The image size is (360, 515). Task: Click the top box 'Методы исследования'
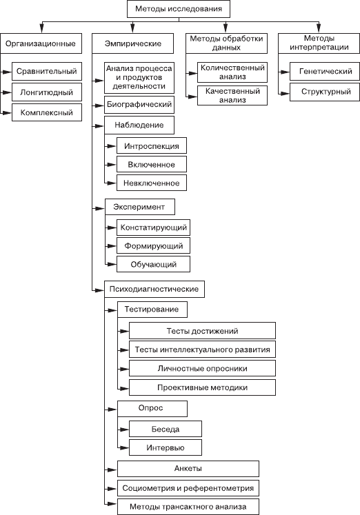179,9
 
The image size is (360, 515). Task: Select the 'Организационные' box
41,43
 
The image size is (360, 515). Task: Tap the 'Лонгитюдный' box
47,92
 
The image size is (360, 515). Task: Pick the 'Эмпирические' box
132,43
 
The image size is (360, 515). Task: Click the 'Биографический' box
139,105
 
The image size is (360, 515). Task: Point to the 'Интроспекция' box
152,146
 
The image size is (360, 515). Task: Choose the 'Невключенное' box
152,183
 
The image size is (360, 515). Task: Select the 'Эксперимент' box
139,207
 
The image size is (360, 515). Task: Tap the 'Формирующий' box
153,245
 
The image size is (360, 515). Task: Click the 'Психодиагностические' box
154,289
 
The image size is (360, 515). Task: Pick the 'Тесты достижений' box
202,331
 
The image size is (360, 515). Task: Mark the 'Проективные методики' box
202,387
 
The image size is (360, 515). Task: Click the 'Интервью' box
166,447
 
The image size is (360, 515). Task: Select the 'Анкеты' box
188,469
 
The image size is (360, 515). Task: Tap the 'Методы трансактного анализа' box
188,507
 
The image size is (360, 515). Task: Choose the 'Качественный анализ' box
232,96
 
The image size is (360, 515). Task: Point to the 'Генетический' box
325,71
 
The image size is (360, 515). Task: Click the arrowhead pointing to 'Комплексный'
7,113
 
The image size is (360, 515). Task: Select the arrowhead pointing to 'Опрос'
112,410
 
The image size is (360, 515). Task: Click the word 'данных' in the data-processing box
226,48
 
